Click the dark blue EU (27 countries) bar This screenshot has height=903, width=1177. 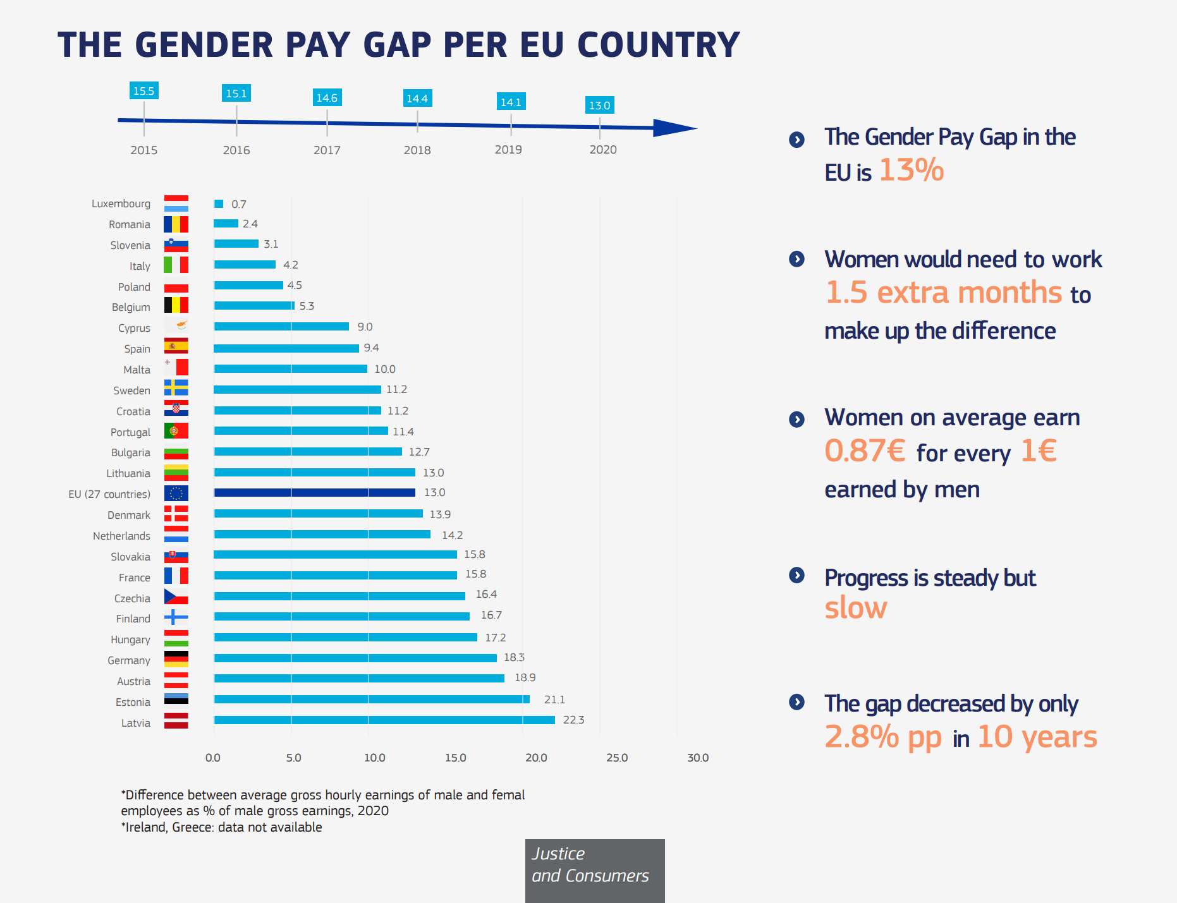[314, 492]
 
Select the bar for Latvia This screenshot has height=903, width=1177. [384, 720]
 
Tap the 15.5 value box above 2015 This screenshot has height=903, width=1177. [143, 91]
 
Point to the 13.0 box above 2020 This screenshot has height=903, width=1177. [599, 106]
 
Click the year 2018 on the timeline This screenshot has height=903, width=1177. [417, 150]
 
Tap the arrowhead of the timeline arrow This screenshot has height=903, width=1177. [674, 128]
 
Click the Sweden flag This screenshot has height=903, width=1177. [176, 388]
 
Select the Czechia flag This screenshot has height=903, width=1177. [176, 597]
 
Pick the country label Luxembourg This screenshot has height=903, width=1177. [121, 203]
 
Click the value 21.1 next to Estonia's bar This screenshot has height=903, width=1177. [554, 700]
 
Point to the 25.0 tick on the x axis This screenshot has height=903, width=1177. [617, 758]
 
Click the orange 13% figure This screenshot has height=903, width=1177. [911, 171]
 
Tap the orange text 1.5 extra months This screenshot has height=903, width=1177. [944, 293]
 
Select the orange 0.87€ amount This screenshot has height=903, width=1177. [865, 451]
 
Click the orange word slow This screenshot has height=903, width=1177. [855, 608]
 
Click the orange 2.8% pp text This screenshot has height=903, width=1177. [883, 737]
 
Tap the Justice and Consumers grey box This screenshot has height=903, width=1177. [594, 870]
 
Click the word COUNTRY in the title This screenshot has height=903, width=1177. [658, 45]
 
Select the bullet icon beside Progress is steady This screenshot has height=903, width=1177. [796, 575]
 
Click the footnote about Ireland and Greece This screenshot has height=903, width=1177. [221, 827]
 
